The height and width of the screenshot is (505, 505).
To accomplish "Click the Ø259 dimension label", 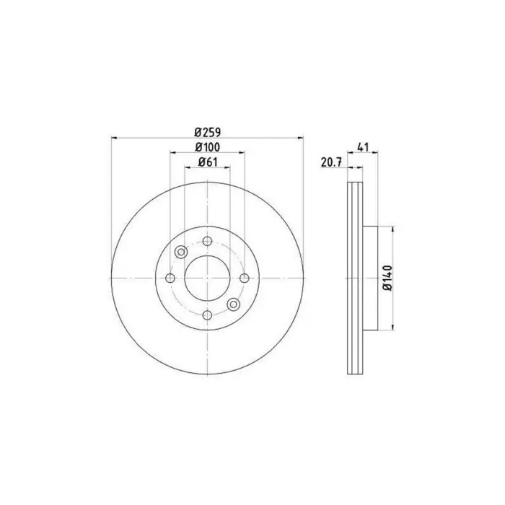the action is [x=208, y=132].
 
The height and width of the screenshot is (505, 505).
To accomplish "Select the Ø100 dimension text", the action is [x=208, y=147].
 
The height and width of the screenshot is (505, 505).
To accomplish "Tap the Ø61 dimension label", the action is [x=208, y=162].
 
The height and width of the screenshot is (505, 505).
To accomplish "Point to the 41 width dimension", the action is [x=362, y=147].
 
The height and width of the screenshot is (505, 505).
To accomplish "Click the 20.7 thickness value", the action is [x=330, y=162].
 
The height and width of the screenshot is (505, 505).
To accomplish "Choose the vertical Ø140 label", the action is [x=388, y=278].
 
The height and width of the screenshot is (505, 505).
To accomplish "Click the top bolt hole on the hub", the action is [x=208, y=241].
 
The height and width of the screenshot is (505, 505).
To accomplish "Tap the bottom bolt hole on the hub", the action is [x=208, y=315].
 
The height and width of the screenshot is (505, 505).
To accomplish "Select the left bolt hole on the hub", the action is [x=170, y=278].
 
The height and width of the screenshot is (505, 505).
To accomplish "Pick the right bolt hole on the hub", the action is [x=245, y=278].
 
